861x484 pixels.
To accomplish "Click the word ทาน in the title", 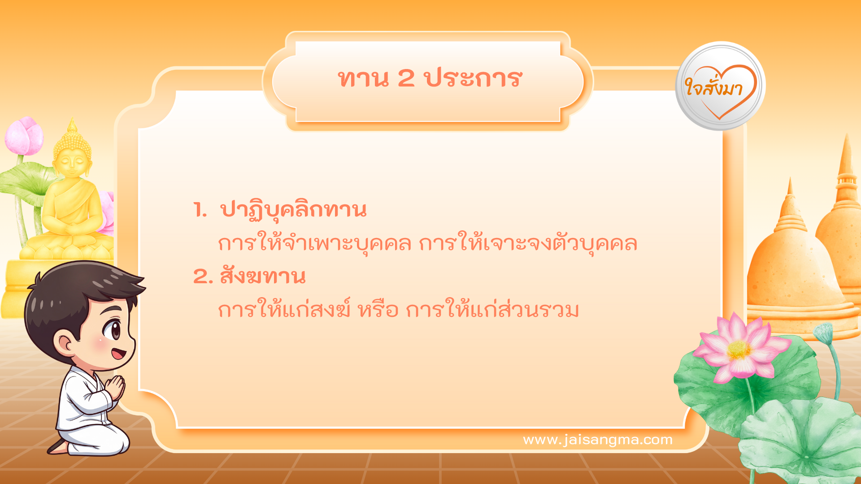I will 363,79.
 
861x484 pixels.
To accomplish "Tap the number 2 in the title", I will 406,78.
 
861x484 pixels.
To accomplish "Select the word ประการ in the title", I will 473,79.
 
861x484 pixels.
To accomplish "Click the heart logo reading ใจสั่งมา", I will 720,86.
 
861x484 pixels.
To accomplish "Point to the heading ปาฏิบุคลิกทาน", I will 293,210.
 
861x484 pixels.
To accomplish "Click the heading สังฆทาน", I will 262,276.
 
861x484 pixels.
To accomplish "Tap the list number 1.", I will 200,210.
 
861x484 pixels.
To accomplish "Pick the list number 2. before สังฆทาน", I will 203,277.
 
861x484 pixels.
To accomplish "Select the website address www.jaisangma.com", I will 597,440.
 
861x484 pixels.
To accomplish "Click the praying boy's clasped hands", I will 115,388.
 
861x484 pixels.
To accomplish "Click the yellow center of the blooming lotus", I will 739,350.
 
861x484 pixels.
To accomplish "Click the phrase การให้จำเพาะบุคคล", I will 314,243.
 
